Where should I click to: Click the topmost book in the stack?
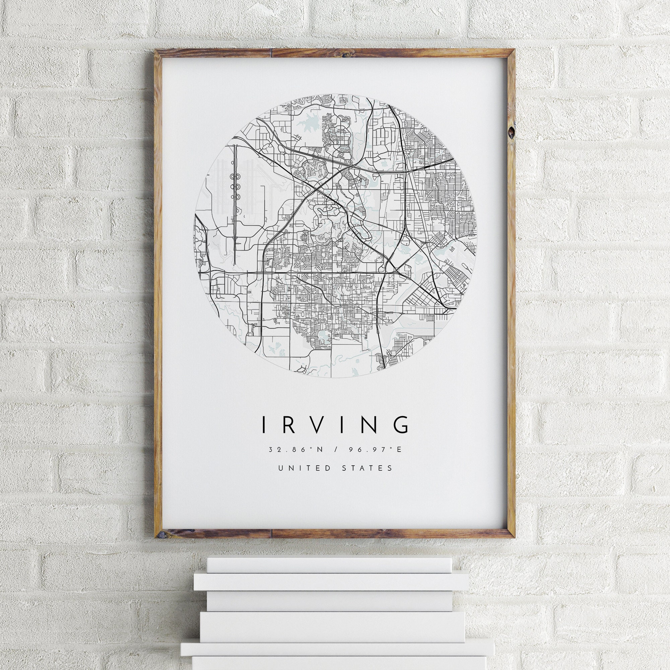tap(335, 565)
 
